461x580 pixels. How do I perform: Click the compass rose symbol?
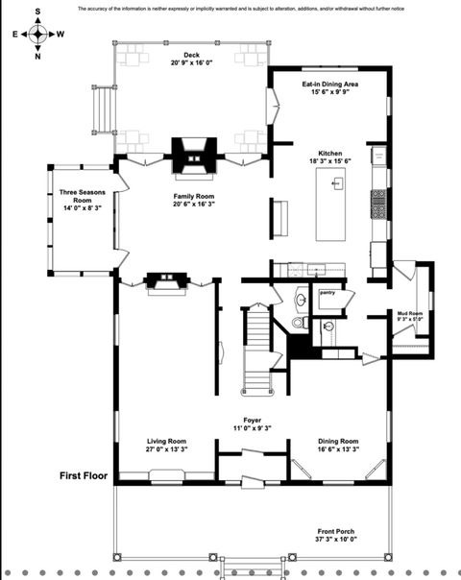[x=37, y=34]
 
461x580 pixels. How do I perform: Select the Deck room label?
[x=190, y=60]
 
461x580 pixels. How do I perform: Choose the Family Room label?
[x=193, y=200]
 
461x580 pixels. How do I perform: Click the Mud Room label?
[x=411, y=316]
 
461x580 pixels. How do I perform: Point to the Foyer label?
[x=253, y=423]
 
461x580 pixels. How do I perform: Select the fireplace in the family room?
[x=192, y=155]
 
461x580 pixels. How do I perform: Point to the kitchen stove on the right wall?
[x=378, y=204]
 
